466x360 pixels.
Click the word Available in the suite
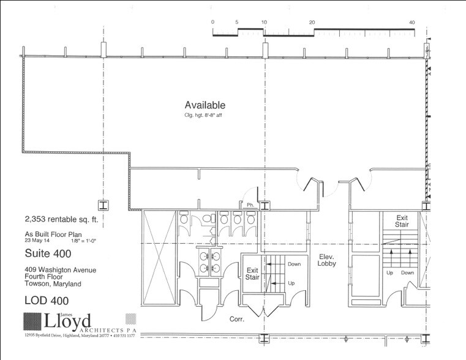coord(205,105)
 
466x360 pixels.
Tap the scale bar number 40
coord(412,22)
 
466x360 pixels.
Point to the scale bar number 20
coord(312,22)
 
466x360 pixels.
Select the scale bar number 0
coord(212,22)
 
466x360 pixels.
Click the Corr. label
coord(238,320)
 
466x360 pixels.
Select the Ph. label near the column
coord(250,205)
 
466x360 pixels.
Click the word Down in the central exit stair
coord(294,264)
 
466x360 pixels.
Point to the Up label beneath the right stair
coord(389,273)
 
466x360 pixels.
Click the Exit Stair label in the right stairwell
coord(402,221)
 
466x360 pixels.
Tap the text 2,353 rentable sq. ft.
coord(57,218)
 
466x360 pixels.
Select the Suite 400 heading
coord(46,252)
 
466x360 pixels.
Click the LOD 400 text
coord(46,300)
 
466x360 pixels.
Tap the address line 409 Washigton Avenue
coord(60,269)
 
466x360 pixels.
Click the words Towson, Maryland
coord(53,284)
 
